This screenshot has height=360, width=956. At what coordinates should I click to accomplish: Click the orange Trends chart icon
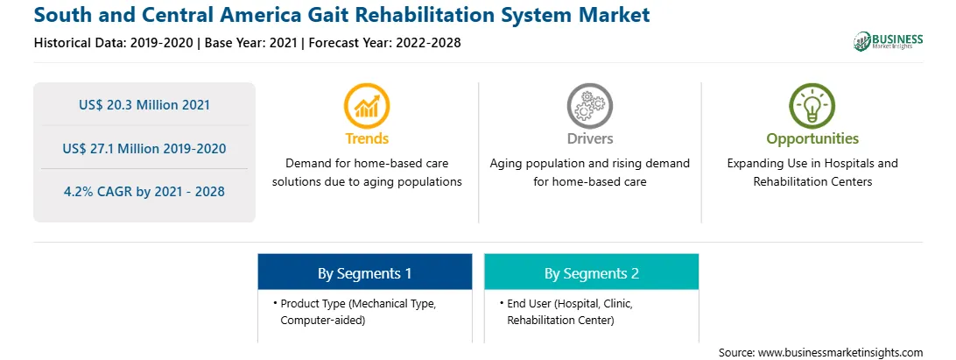click(367, 105)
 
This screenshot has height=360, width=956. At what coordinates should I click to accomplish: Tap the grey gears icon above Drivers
click(589, 105)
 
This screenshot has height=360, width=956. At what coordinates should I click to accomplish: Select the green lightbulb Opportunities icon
click(812, 105)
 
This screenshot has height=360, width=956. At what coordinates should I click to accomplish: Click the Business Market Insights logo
click(889, 41)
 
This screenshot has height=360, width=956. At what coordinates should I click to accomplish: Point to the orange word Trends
click(367, 138)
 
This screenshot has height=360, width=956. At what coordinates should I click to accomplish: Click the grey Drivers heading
click(589, 138)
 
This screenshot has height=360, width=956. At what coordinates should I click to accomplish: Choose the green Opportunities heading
click(812, 139)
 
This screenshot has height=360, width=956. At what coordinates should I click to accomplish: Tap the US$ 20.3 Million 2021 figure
click(144, 105)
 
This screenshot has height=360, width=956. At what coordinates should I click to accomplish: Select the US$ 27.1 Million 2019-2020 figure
click(144, 148)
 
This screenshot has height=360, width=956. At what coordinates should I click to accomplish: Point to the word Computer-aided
click(322, 320)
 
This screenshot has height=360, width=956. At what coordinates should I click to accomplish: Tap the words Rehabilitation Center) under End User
click(560, 320)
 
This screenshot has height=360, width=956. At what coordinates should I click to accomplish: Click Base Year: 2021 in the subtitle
click(251, 43)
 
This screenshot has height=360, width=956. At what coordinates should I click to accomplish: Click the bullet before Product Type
click(275, 303)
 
